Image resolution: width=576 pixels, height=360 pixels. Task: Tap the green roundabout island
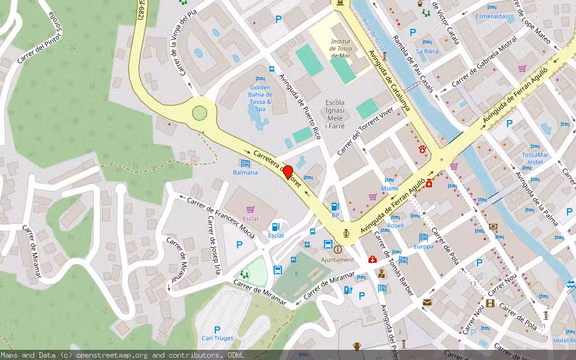tap(199, 112)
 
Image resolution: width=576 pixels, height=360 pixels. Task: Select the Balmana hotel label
tap(245, 173)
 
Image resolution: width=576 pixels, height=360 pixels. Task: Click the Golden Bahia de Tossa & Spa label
tap(260, 98)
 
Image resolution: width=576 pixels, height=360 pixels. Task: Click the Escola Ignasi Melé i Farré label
tap(335, 114)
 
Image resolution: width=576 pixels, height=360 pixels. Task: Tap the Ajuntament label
tap(338, 260)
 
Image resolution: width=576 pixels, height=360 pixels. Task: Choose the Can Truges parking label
tap(217, 338)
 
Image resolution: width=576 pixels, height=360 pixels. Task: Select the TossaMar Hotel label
tap(532, 158)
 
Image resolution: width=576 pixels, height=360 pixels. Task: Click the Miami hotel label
tap(390, 188)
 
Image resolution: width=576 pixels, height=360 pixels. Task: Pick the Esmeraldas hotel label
tap(491, 16)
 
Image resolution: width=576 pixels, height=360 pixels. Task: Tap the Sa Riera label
tap(427, 52)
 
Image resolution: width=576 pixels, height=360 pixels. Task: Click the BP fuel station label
tap(335, 214)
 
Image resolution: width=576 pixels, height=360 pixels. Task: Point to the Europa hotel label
tap(424, 247)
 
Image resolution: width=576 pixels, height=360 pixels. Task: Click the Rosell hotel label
tap(395, 226)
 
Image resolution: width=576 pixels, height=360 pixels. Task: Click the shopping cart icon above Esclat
tap(250, 209)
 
